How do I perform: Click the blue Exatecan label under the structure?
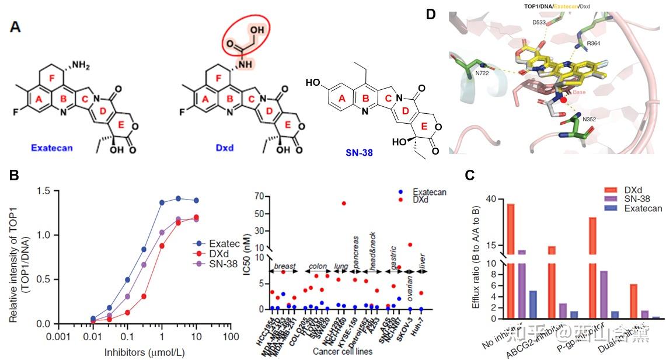pos(53,148)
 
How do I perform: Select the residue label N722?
pos(482,73)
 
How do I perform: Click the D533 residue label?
pos(540,22)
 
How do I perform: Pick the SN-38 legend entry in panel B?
pos(215,264)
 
